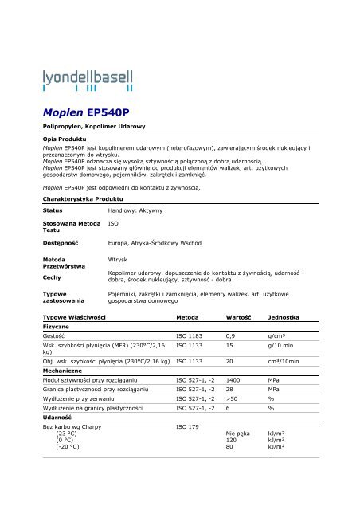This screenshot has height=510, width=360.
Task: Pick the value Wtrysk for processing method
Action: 117,260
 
